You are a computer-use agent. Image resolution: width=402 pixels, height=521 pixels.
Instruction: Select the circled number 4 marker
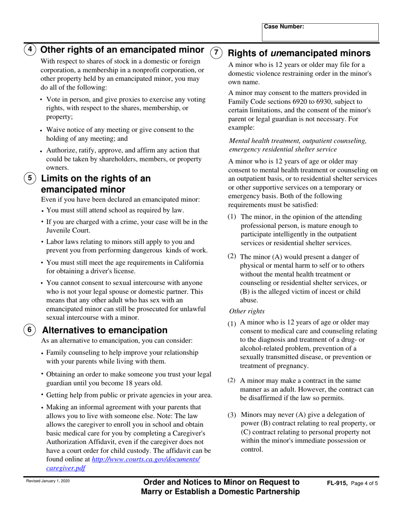coord(29,50)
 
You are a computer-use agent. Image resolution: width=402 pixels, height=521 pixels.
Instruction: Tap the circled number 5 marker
coord(29,178)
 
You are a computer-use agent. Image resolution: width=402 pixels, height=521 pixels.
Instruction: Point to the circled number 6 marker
coord(29,330)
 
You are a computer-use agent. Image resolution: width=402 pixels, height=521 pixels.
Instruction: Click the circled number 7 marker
coord(216,53)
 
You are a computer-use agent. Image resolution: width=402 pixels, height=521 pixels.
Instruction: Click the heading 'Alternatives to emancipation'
coord(105,330)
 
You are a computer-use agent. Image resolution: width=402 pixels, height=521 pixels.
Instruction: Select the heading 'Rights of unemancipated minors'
coord(299,53)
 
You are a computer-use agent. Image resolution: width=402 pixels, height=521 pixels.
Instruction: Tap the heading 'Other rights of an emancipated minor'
coord(122,50)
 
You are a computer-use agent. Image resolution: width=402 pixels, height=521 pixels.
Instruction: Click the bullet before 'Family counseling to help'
coord(43,353)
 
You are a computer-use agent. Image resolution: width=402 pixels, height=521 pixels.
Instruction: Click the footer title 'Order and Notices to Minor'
coord(221,482)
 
